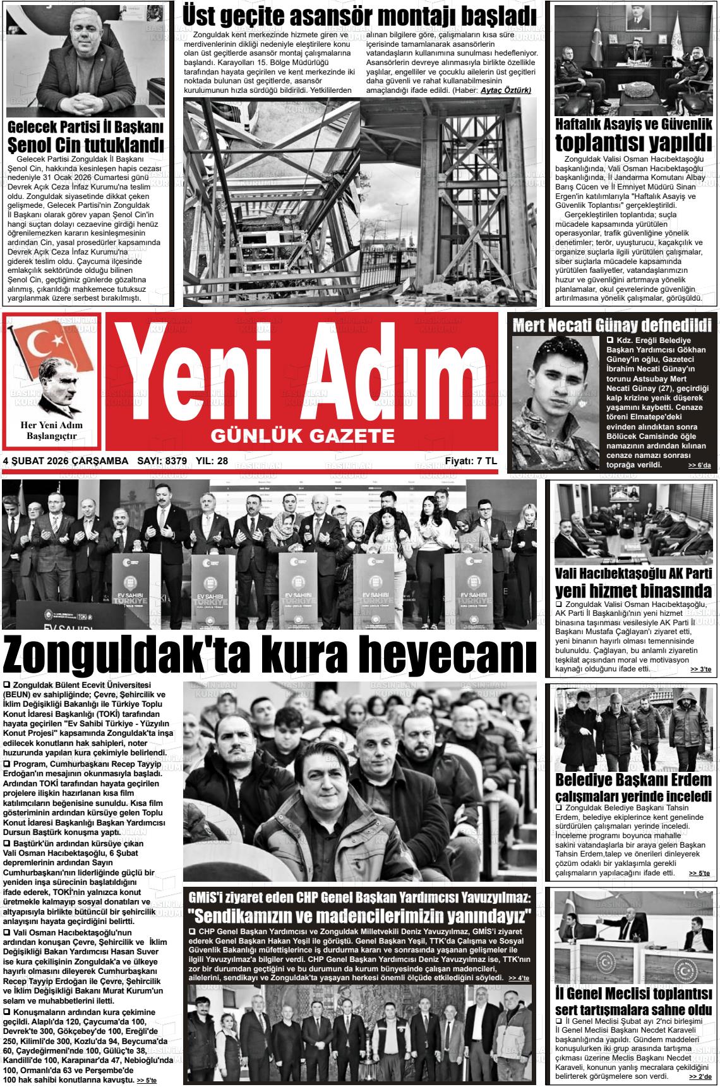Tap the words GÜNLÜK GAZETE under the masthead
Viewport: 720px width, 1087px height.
click(303, 435)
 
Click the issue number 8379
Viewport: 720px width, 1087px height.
click(175, 461)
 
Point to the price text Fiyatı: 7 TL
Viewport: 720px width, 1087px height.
click(471, 461)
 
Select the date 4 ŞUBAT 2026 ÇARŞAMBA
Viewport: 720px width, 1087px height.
click(65, 461)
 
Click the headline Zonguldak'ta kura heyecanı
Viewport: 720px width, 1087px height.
click(270, 656)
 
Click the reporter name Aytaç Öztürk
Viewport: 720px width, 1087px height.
click(505, 91)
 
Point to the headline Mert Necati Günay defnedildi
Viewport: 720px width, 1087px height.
click(612, 326)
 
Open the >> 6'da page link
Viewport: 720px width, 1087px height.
click(699, 465)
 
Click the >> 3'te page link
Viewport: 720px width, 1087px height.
click(700, 670)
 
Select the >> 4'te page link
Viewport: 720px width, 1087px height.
click(519, 978)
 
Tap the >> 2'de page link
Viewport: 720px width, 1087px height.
click(700, 1076)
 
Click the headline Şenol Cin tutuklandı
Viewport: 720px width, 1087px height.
click(85, 144)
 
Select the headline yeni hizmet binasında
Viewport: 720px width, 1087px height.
click(633, 591)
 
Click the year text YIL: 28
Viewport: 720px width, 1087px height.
click(212, 461)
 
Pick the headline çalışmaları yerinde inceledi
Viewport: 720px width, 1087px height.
click(633, 796)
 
